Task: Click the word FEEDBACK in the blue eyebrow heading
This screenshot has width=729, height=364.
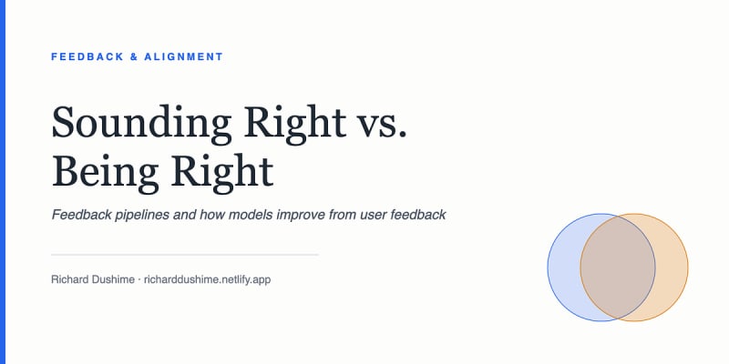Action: [x=87, y=56]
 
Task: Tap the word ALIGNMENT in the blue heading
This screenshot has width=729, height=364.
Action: [x=184, y=56]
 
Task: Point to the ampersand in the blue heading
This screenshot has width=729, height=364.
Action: [x=134, y=56]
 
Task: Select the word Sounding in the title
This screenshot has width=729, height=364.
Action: [x=141, y=123]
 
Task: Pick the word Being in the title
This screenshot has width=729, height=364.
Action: [x=105, y=172]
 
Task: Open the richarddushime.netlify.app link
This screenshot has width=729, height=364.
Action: [x=207, y=280]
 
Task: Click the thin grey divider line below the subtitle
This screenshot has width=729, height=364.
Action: [x=185, y=255]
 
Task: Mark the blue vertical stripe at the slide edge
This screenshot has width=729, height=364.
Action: [x=3, y=182]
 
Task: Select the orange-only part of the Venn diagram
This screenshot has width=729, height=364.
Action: [x=673, y=268]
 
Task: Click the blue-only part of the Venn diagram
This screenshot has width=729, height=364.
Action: [x=563, y=268]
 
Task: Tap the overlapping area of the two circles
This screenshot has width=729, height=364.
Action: [x=618, y=268]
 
